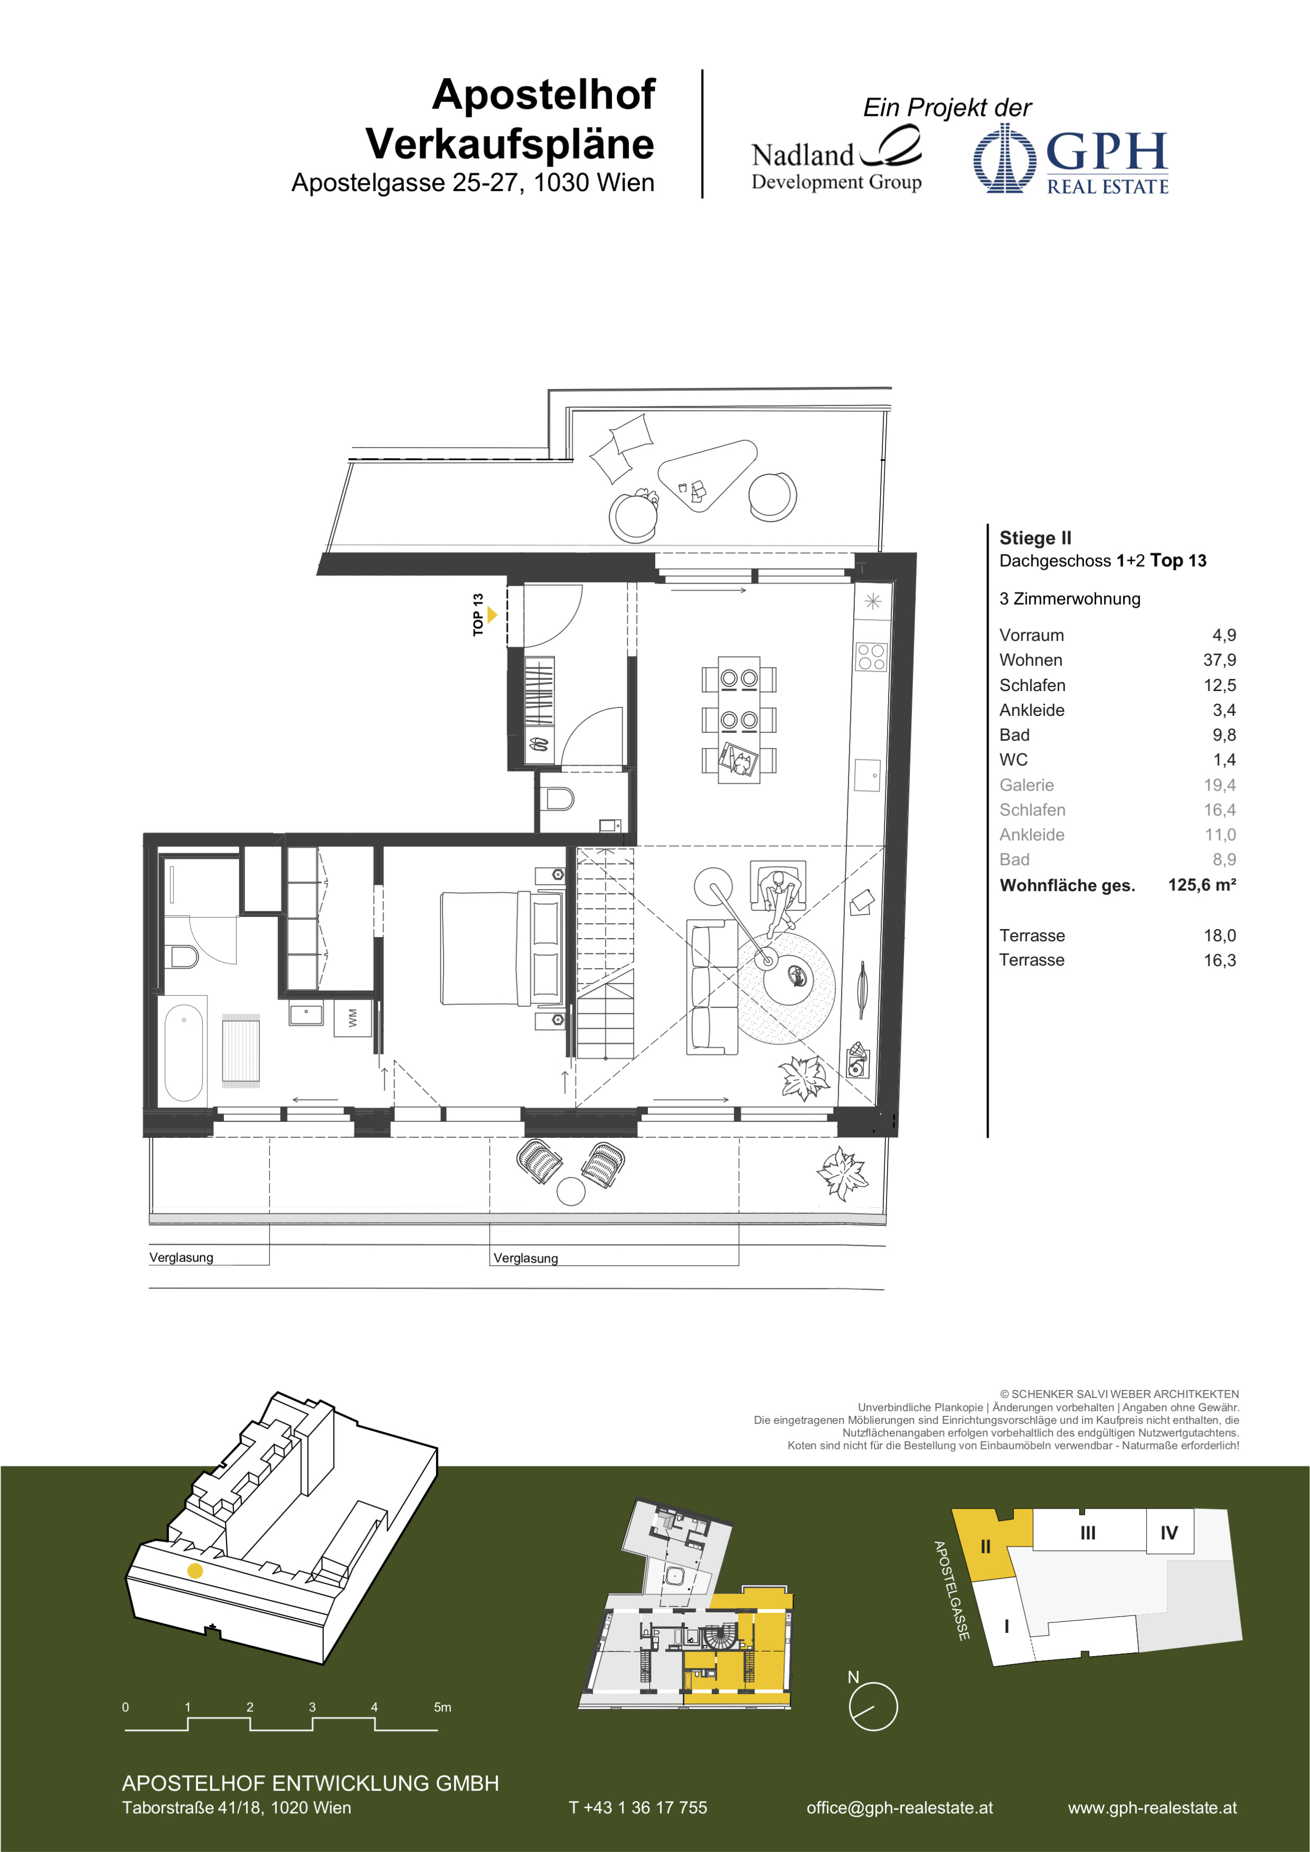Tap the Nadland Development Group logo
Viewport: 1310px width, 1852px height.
(x=836, y=160)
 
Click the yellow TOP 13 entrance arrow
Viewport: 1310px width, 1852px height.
(x=492, y=615)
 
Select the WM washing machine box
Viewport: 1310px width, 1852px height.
(x=353, y=1018)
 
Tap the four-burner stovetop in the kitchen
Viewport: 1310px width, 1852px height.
(x=871, y=657)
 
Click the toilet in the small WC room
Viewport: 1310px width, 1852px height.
(x=560, y=798)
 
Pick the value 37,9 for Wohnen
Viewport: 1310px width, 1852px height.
(x=1219, y=660)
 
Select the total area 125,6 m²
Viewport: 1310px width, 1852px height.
(x=1202, y=885)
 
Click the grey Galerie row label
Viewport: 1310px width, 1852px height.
(x=1026, y=785)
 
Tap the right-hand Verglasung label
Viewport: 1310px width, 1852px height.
(x=525, y=1258)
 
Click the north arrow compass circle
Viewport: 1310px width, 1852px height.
(x=873, y=1706)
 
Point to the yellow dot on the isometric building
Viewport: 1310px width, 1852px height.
(x=194, y=1570)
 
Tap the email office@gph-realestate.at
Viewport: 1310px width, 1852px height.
(x=899, y=1808)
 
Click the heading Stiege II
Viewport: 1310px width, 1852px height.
(x=1035, y=538)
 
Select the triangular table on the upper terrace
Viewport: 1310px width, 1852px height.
(x=708, y=476)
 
